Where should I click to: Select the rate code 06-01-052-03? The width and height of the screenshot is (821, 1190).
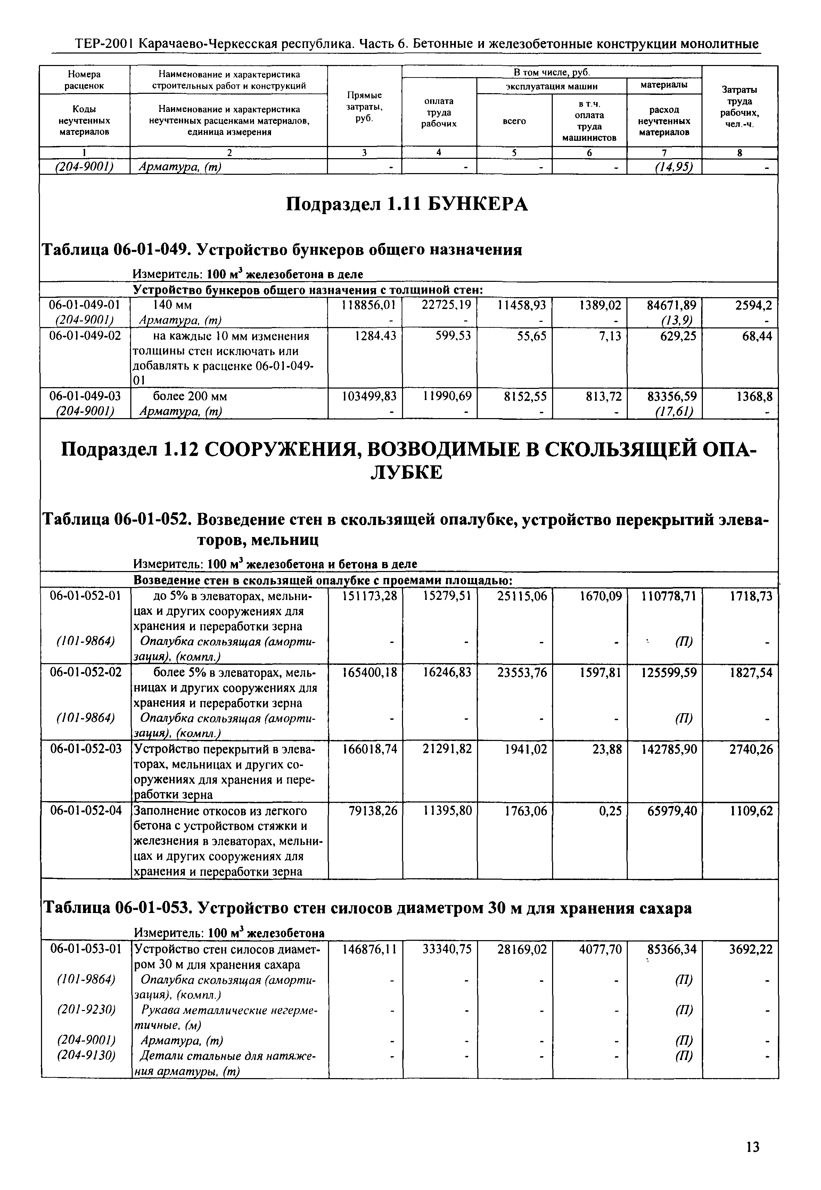point(85,749)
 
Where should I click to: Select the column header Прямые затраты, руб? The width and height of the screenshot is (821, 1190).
point(364,106)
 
